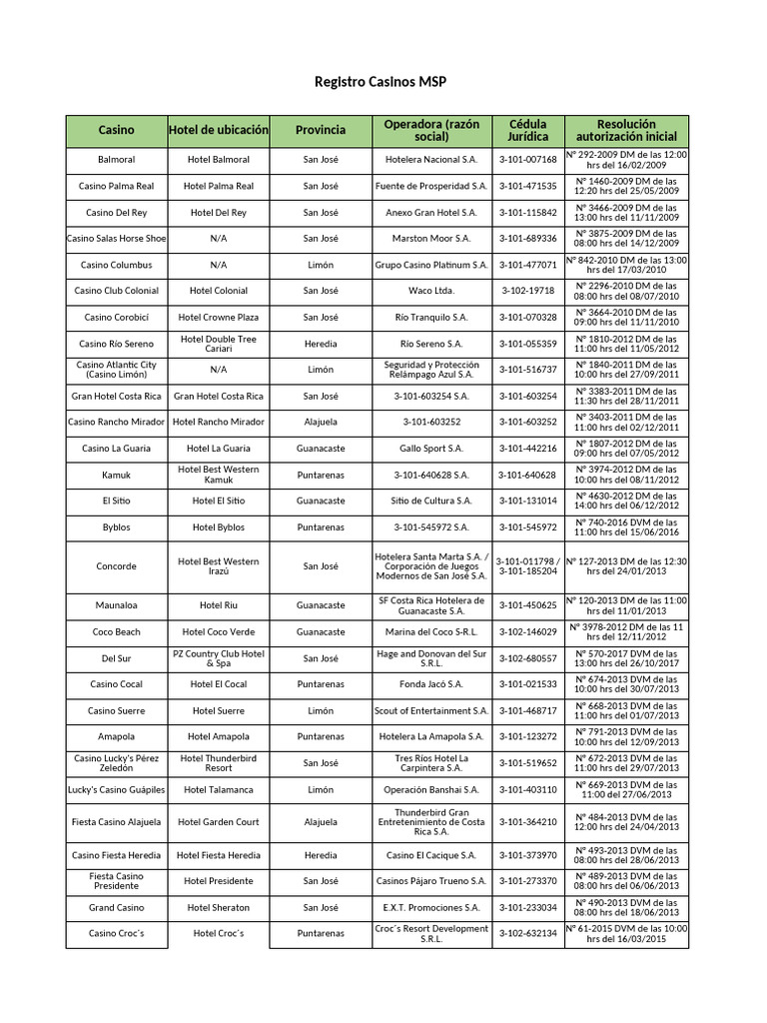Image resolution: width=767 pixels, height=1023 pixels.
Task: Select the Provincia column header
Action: click(x=321, y=130)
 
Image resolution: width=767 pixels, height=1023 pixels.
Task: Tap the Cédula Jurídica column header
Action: click(x=527, y=130)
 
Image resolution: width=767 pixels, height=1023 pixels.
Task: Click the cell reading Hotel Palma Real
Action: click(x=219, y=186)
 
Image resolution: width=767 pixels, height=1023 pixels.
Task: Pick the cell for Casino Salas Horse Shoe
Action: click(x=117, y=239)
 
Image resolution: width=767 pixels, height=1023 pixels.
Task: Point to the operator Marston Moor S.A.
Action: click(x=431, y=239)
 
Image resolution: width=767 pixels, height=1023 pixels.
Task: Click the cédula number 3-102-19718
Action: click(x=527, y=291)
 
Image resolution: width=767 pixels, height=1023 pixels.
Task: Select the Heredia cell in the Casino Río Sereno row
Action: click(x=321, y=344)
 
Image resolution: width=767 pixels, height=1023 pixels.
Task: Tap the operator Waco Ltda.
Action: click(x=431, y=291)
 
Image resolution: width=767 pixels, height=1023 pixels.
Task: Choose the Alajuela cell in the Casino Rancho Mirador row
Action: click(x=321, y=422)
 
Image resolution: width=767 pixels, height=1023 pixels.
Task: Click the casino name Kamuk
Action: click(x=117, y=475)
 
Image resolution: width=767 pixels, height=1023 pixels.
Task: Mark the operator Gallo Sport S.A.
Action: click(x=431, y=449)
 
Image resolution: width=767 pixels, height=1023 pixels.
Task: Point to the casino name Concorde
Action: click(x=117, y=566)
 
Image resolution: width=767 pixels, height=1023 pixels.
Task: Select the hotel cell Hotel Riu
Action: click(x=219, y=605)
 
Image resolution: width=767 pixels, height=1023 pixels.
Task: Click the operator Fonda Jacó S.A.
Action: click(x=431, y=684)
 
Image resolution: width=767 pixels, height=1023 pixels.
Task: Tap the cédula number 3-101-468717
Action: click(x=527, y=710)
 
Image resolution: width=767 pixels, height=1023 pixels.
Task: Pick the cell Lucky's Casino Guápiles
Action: click(x=117, y=789)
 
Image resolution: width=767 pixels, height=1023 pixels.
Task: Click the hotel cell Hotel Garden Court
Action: click(x=219, y=822)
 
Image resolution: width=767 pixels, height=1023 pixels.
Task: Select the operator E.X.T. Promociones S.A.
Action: click(x=431, y=908)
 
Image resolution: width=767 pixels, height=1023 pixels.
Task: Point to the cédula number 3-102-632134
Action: click(x=527, y=933)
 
